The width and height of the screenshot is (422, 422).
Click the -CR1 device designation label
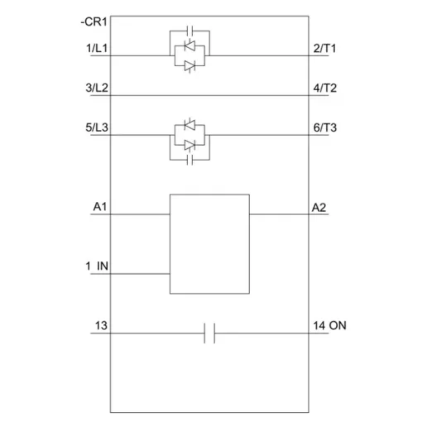(x=94, y=22)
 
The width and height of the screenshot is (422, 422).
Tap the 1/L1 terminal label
(x=97, y=48)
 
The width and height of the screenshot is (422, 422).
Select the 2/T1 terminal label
(x=324, y=48)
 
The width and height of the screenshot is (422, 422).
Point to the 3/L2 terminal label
(x=97, y=88)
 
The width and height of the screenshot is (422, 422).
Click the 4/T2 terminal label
(x=325, y=88)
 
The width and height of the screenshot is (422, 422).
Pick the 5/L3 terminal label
(x=97, y=127)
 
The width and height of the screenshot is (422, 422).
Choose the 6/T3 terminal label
(x=325, y=127)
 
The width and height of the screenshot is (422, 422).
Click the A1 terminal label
(x=100, y=207)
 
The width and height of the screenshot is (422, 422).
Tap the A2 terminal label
(x=319, y=208)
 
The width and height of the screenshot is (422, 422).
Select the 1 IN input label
(x=97, y=266)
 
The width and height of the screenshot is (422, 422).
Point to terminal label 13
(x=101, y=325)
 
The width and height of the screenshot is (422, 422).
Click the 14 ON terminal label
(x=329, y=325)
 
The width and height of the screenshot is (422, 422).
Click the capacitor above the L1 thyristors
(x=189, y=31)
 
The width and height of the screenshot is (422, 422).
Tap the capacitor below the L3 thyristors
(x=189, y=160)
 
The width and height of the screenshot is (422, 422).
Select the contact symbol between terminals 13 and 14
(x=209, y=333)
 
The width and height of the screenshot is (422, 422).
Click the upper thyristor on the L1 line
(x=189, y=46)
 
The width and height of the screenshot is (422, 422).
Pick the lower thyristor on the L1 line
(x=189, y=66)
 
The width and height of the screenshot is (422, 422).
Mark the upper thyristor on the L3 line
(x=189, y=125)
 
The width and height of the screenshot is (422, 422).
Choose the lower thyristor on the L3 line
(x=189, y=145)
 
